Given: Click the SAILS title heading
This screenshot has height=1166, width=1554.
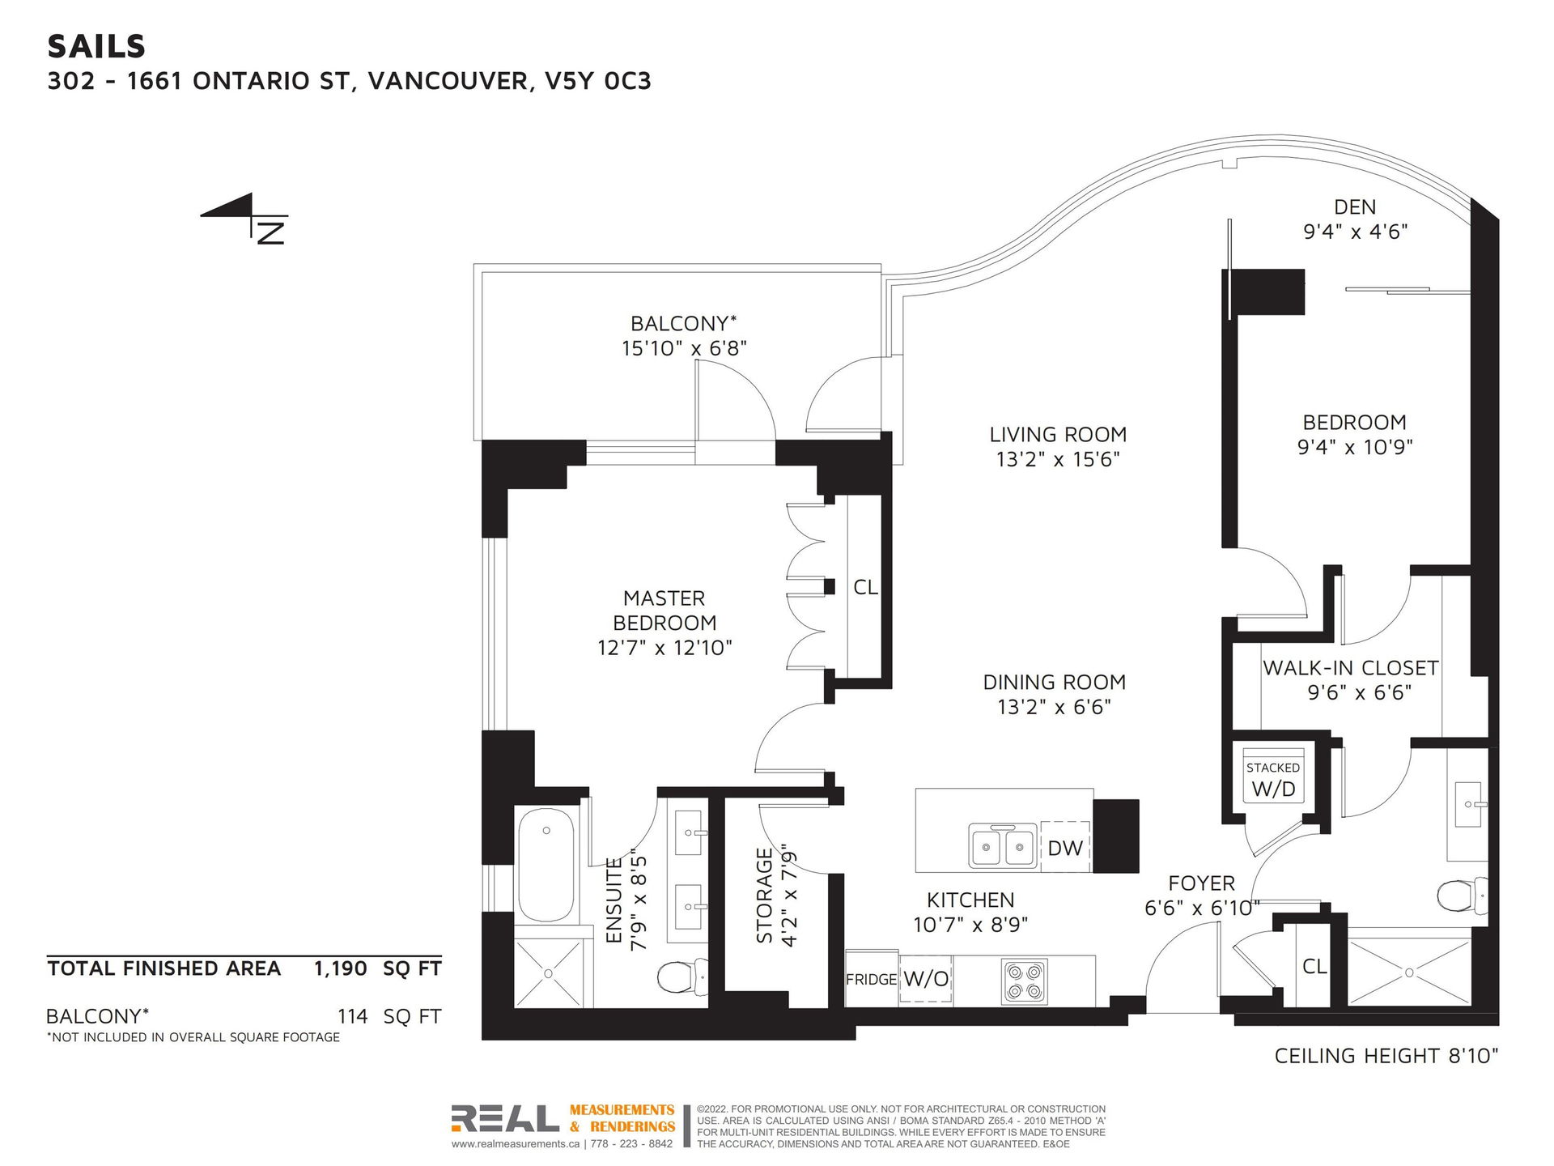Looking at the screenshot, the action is click(96, 47).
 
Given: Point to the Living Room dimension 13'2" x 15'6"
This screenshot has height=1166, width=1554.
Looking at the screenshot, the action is click(1058, 459).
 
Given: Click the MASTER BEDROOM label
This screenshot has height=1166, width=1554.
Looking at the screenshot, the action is click(664, 611).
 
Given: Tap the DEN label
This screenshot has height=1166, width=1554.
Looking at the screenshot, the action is click(1355, 207).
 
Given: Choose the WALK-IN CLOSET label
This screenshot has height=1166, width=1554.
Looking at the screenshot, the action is click(1351, 668).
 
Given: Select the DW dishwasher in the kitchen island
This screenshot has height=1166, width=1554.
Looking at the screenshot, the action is click(1065, 847).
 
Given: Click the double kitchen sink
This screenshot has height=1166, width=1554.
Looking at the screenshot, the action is click(1003, 847).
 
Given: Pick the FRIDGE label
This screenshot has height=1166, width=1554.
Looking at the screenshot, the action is click(871, 980).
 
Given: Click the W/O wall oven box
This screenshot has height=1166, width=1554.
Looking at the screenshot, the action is click(926, 979).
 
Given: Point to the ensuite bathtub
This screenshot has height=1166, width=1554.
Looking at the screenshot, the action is click(546, 866).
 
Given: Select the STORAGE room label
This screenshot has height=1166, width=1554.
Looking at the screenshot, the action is click(764, 896).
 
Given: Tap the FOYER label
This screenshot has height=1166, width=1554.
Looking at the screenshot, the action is click(1201, 883).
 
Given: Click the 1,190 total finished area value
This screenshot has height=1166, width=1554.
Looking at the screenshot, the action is click(341, 968).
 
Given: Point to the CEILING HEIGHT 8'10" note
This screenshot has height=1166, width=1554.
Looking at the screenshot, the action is click(1386, 1056).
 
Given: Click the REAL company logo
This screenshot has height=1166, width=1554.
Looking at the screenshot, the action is click(505, 1118).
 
